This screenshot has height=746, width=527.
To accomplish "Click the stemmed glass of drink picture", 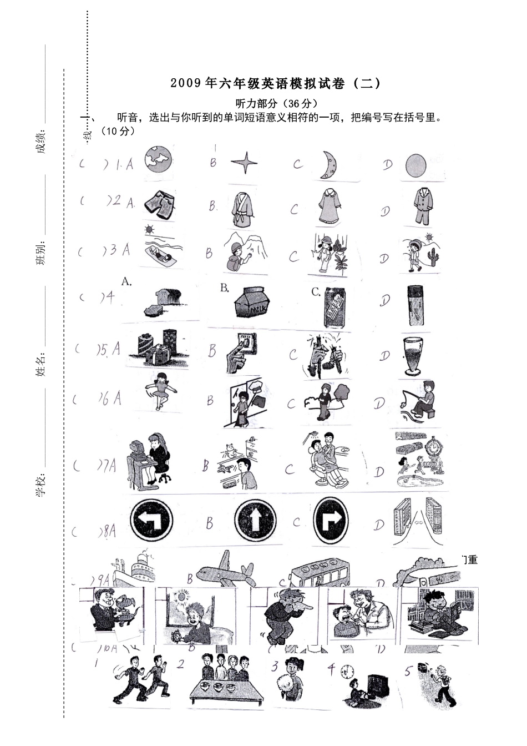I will click(x=415, y=355).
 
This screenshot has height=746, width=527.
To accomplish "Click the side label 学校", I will click(x=40, y=487).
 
